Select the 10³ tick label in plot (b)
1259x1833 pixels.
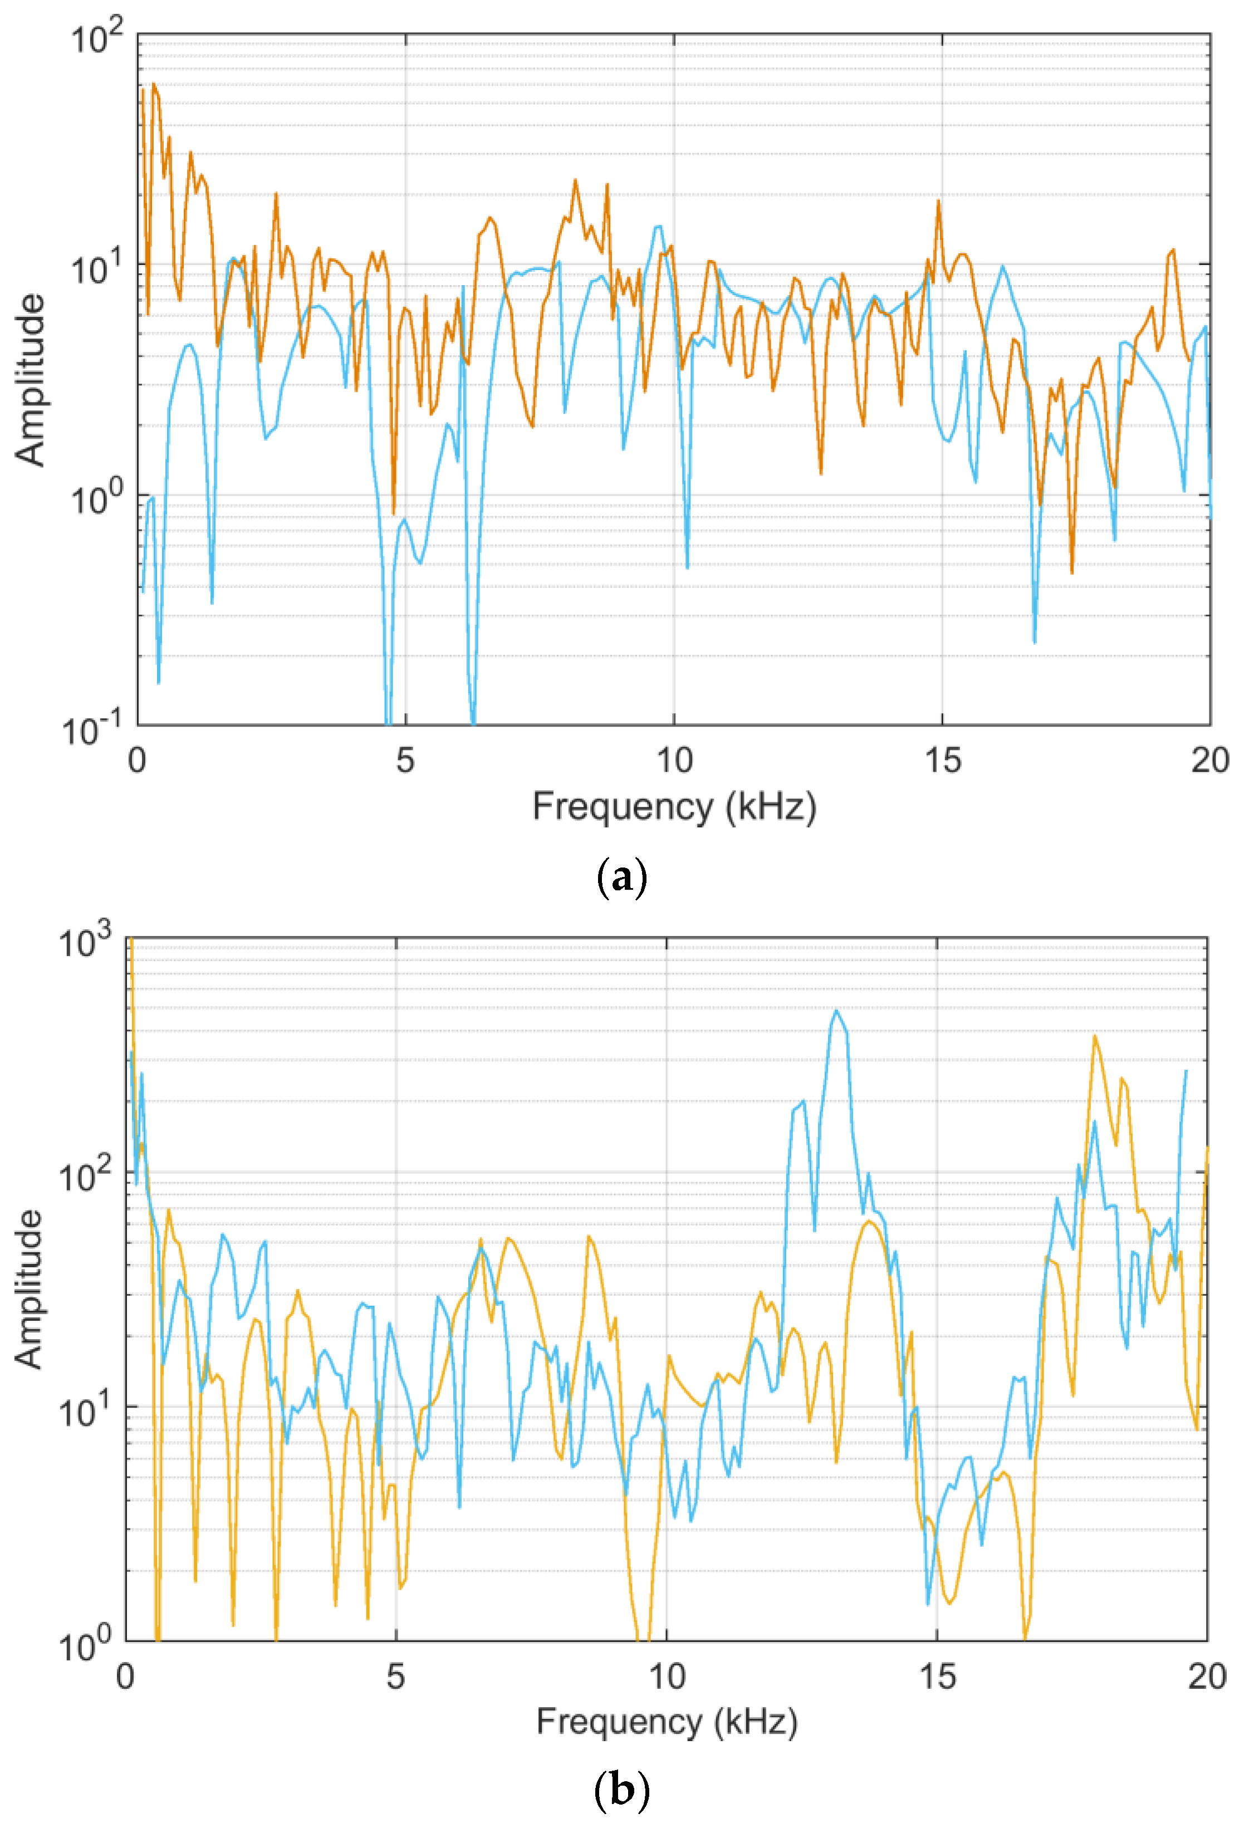click(85, 943)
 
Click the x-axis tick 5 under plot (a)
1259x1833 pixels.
click(405, 761)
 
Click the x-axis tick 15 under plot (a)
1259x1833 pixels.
click(942, 761)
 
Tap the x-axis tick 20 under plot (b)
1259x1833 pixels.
click(1207, 1677)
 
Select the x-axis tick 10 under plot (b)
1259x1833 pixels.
click(667, 1677)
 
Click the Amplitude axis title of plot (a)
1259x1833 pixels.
click(30, 379)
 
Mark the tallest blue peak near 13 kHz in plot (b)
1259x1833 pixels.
click(836, 1011)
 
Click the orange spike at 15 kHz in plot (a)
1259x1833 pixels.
click(939, 202)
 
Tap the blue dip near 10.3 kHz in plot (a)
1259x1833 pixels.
click(687, 566)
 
